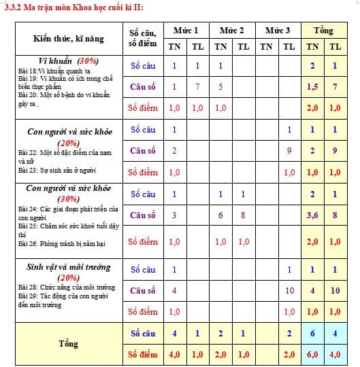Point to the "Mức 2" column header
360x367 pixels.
232,31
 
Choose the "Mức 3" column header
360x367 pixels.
278,31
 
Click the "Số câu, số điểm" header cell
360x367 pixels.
143,38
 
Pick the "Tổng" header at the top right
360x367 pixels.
323,31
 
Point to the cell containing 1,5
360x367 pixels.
312,87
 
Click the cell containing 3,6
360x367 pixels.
312,215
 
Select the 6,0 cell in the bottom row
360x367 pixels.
312,354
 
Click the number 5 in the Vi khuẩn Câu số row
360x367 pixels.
220,87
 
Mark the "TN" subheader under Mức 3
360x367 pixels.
267,47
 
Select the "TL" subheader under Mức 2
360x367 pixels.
243,47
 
